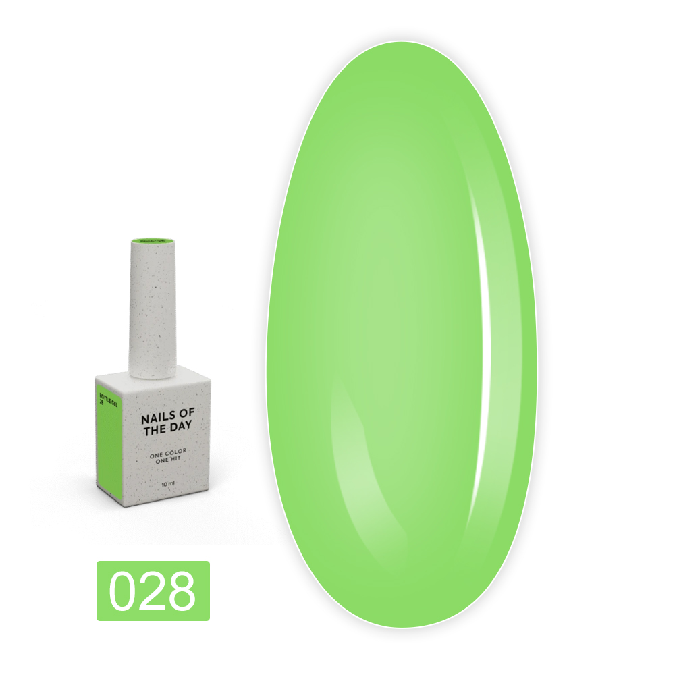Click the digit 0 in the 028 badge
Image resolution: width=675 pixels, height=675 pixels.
[x=124, y=591]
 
